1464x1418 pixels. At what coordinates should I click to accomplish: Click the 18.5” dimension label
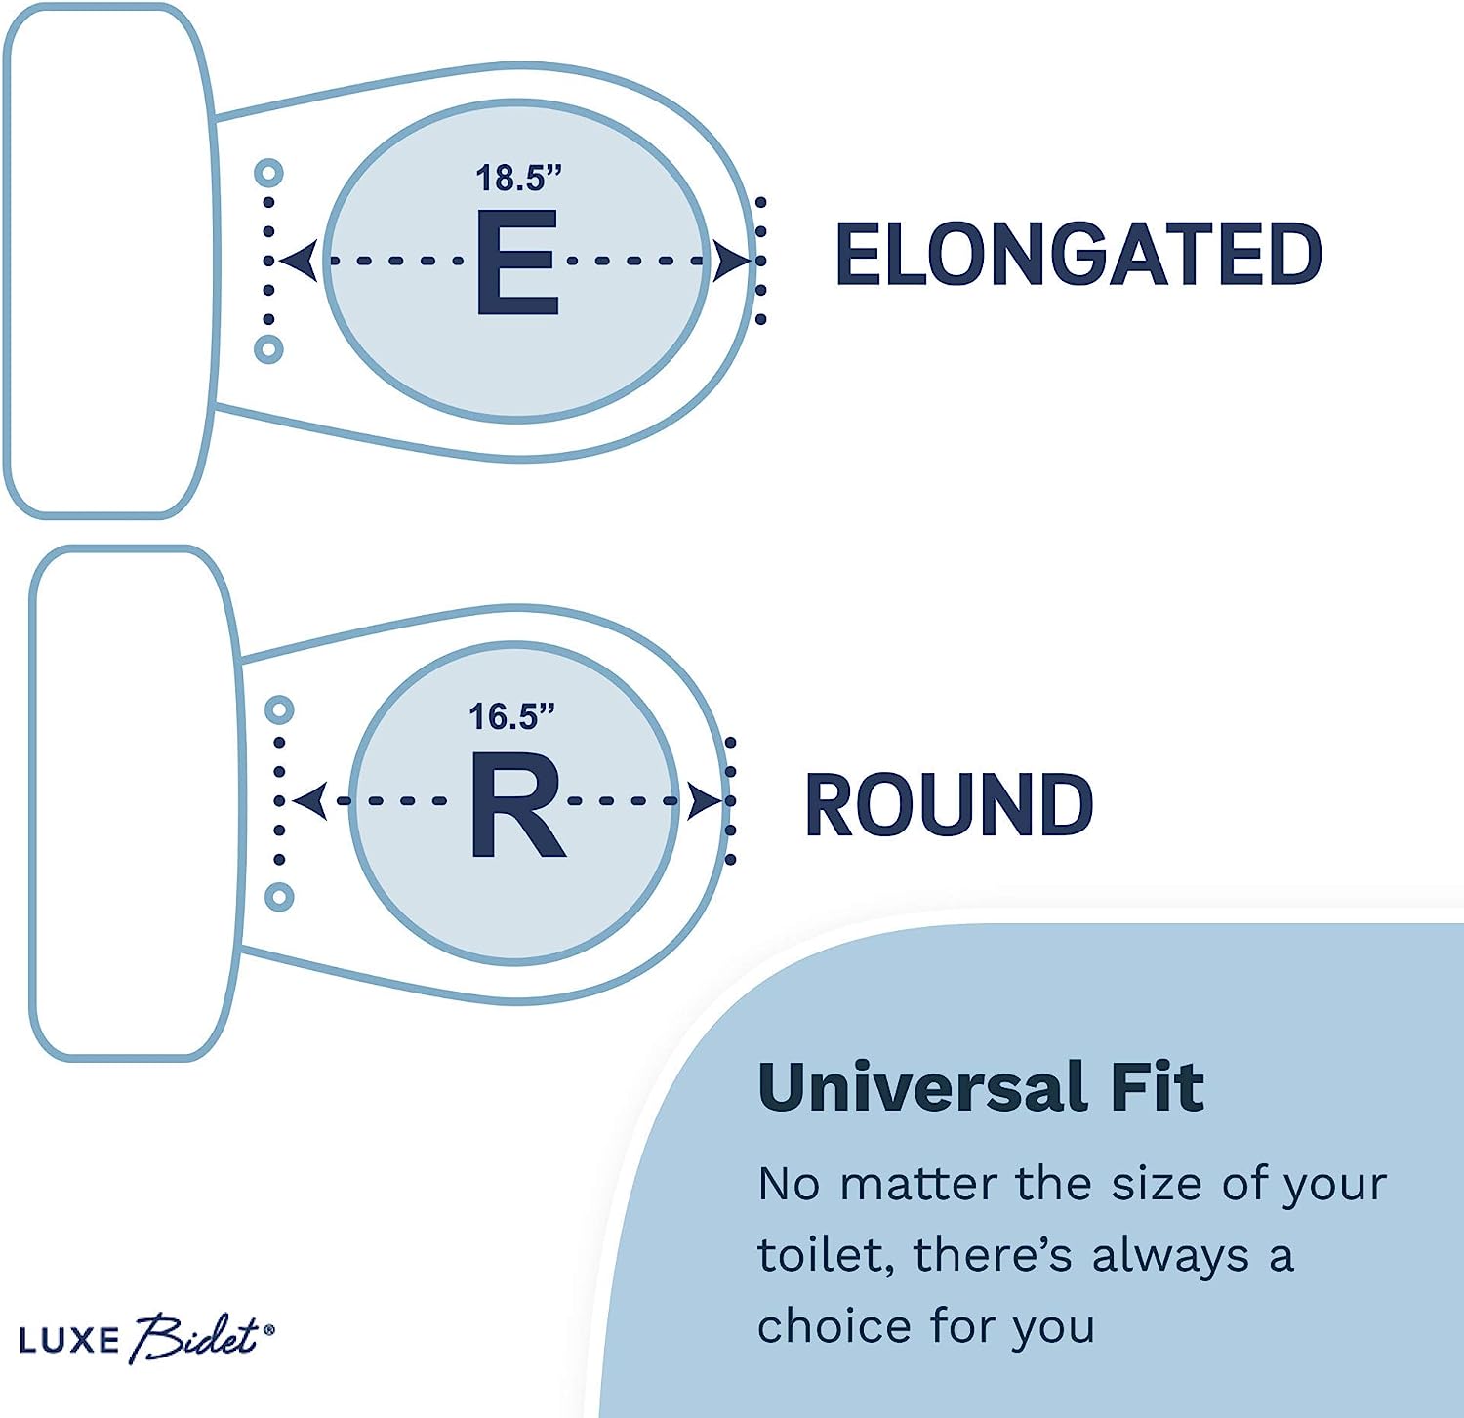click(x=518, y=178)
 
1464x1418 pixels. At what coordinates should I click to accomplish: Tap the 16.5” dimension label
click(x=511, y=717)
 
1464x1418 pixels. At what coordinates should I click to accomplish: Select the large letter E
click(x=517, y=262)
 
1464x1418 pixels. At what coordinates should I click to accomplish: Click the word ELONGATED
click(x=1078, y=254)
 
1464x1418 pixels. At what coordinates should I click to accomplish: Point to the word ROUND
click(x=948, y=805)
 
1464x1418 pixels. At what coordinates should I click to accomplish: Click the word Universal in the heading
click(x=922, y=1087)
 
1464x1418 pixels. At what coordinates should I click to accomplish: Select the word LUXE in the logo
click(x=68, y=1340)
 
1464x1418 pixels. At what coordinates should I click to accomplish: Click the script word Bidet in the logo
click(x=195, y=1337)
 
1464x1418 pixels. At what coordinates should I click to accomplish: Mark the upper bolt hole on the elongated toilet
click(x=268, y=174)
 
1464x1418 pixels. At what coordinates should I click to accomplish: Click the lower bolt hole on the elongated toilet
click(x=268, y=348)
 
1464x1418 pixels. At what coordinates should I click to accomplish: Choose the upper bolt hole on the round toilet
click(x=280, y=709)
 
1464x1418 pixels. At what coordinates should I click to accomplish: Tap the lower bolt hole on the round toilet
click(x=280, y=896)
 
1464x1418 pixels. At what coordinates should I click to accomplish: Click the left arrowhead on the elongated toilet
click(x=298, y=262)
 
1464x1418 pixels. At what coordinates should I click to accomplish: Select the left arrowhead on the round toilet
click(x=309, y=801)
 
